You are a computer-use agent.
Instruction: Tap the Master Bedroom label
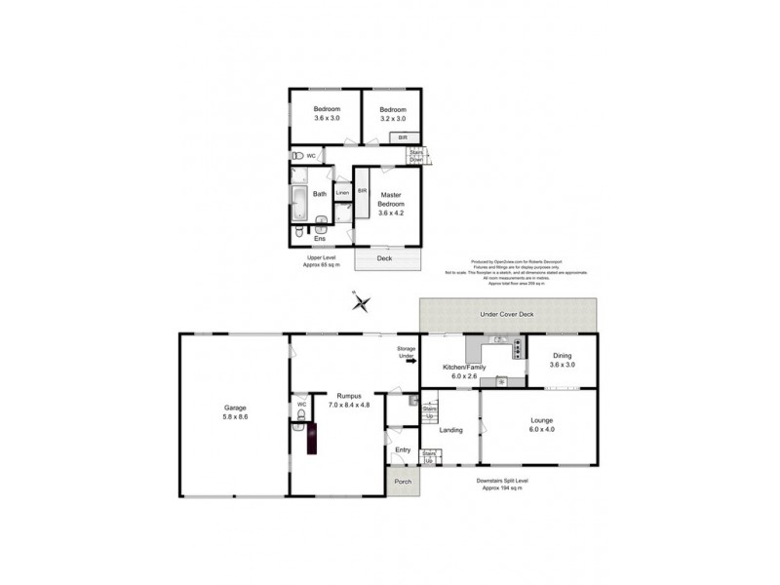390,199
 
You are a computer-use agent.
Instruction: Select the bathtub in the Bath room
298,205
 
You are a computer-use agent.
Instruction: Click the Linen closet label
342,194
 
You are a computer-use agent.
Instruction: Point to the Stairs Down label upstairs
416,156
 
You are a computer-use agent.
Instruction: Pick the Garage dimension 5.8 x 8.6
234,415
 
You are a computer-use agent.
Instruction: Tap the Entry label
403,449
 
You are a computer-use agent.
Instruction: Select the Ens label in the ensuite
318,237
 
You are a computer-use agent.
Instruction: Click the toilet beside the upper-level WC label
296,156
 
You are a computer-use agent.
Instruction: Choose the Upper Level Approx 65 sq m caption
322,261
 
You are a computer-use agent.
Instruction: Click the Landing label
450,430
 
